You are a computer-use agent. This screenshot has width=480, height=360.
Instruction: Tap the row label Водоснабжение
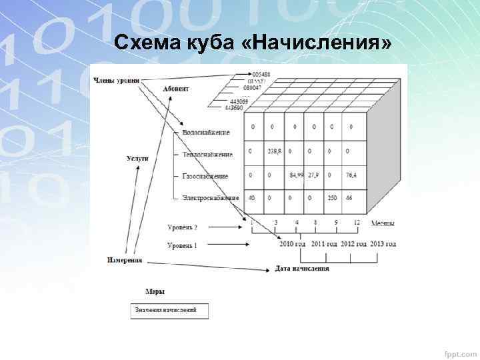click(x=207, y=132)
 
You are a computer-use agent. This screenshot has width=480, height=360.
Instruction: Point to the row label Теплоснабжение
click(x=207, y=155)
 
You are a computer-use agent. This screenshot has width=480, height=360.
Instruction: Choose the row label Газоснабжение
click(x=205, y=176)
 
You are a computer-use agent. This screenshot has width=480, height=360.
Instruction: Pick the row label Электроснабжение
click(x=210, y=198)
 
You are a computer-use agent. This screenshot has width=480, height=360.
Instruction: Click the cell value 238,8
click(x=275, y=152)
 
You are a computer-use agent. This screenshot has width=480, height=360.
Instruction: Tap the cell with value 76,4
click(x=351, y=175)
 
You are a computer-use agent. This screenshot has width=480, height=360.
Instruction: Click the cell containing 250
click(x=333, y=197)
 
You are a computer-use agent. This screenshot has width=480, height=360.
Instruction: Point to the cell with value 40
click(x=251, y=197)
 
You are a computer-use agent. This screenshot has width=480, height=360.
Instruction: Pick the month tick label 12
click(x=357, y=221)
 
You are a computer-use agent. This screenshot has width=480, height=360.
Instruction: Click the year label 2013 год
click(x=383, y=244)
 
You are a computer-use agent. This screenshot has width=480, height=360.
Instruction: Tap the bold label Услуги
click(x=137, y=159)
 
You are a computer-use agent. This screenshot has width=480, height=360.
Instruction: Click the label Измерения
click(x=124, y=260)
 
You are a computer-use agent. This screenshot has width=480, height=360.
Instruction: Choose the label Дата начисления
click(x=302, y=269)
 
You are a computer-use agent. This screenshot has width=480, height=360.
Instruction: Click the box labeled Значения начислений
click(x=169, y=311)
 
